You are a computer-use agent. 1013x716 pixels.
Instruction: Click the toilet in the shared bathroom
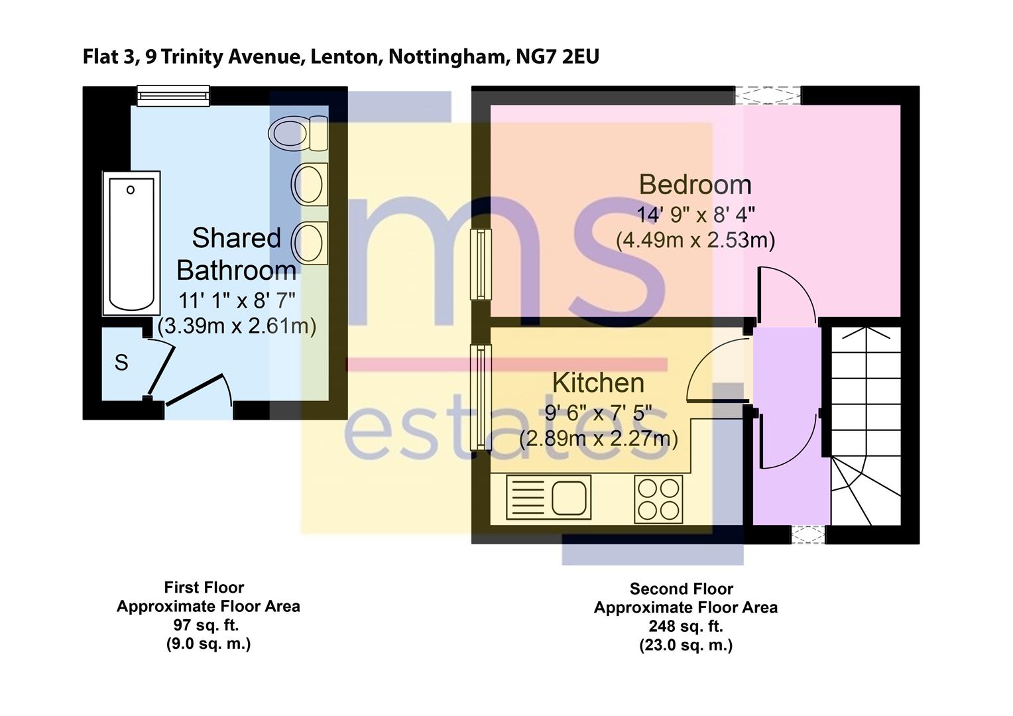pos(297,133)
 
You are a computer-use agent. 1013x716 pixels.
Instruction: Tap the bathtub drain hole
pos(131,190)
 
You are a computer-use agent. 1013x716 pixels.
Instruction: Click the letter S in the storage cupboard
pos(121,363)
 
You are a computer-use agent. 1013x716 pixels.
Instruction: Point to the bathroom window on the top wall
pos(173,96)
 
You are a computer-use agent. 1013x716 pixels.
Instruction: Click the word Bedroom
pos(695,184)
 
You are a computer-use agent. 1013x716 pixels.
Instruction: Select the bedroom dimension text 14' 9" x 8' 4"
pos(696,215)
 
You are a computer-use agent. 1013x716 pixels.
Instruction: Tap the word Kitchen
pos(598,383)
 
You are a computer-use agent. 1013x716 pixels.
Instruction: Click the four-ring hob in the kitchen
pos(658,499)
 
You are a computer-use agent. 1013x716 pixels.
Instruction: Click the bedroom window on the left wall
pos(481,264)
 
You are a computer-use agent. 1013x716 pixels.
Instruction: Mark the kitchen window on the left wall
pos(481,396)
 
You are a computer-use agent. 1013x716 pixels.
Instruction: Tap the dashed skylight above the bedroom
pos(768,95)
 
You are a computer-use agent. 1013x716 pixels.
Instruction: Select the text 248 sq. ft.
pos(685,626)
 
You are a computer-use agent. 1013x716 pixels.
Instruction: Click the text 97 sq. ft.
pos(206,625)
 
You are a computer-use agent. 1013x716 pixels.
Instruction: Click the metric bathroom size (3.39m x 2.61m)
pos(237,326)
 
